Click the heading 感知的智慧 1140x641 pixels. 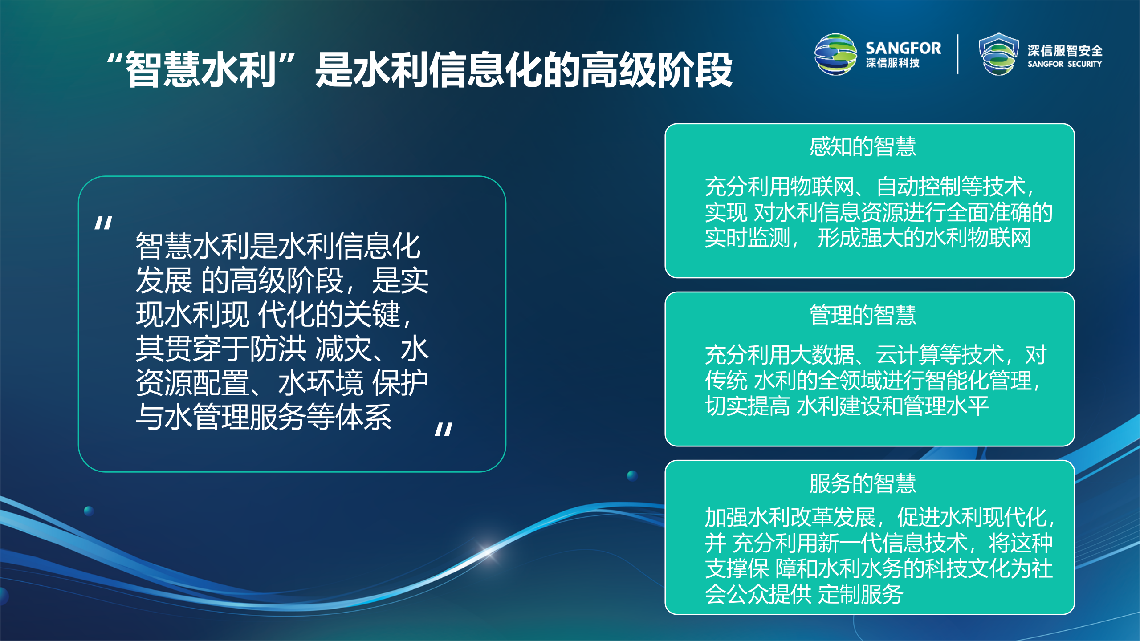[863, 147]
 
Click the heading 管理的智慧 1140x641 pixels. [863, 315]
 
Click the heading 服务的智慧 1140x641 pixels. [863, 483]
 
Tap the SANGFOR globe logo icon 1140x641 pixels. [835, 54]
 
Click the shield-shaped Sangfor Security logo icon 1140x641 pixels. [998, 54]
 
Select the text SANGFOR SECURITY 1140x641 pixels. [1064, 64]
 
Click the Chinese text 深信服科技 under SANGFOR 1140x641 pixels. [892, 63]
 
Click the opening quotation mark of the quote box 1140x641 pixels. [103, 223]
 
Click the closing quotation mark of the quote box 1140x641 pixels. [444, 430]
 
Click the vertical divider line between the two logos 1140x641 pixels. [958, 54]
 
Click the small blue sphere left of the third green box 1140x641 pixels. [632, 475]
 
